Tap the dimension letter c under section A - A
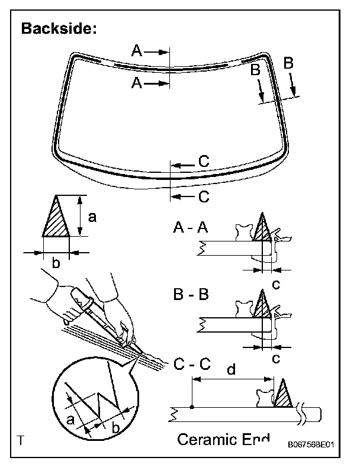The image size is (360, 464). click(275, 283)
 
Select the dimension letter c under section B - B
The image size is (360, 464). click(275, 358)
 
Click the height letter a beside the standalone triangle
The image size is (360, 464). click(92, 217)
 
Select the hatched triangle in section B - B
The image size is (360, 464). click(262, 304)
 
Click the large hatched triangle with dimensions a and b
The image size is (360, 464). click(57, 218)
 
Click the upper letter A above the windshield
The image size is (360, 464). click(137, 52)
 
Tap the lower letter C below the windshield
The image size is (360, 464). click(204, 196)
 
